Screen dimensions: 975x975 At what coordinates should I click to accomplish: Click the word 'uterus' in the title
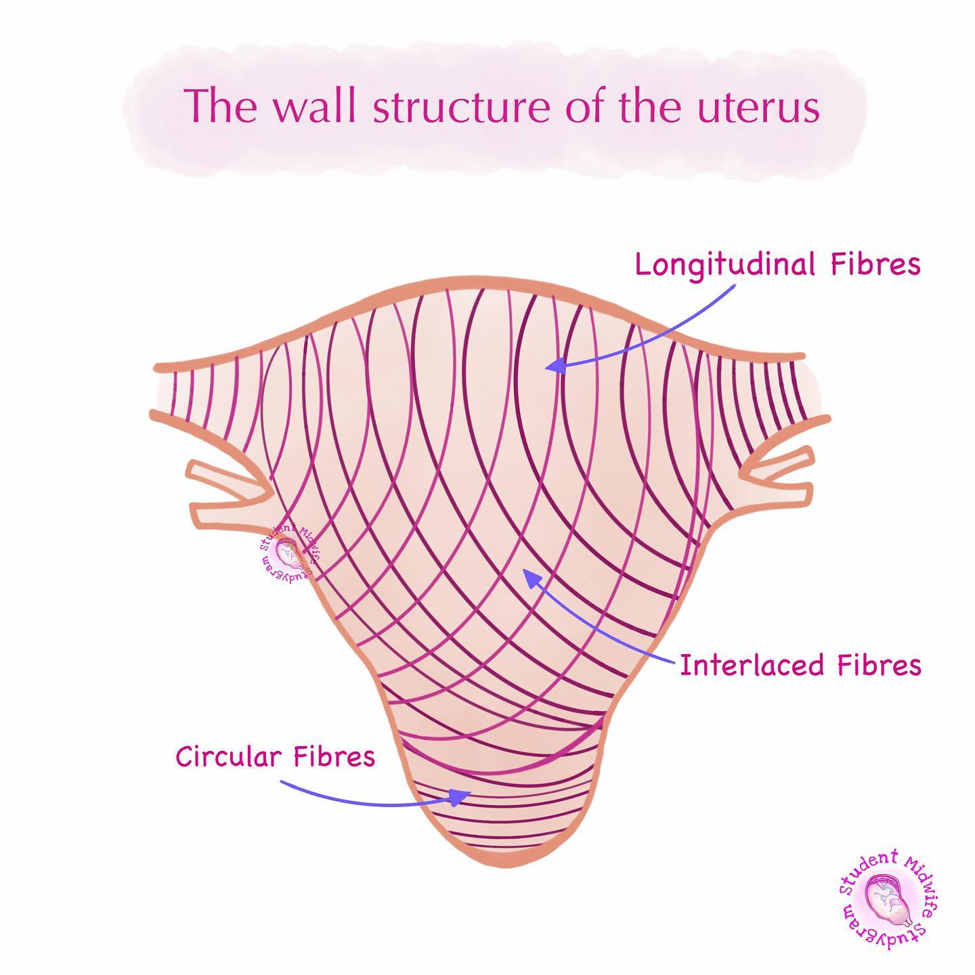pos(758,107)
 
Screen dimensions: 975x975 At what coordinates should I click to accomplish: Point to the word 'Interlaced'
pos(754,665)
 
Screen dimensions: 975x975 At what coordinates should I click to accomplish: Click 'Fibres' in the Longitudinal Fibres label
pos(876,264)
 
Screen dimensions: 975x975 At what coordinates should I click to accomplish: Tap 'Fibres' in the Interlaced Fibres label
pos(880,665)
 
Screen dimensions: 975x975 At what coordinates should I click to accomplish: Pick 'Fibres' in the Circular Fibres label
pos(334,756)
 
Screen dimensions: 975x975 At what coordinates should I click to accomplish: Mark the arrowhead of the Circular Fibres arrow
pos(460,798)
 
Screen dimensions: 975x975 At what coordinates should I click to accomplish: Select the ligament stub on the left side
pos(230,490)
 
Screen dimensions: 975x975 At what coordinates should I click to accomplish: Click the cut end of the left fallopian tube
pos(154,390)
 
